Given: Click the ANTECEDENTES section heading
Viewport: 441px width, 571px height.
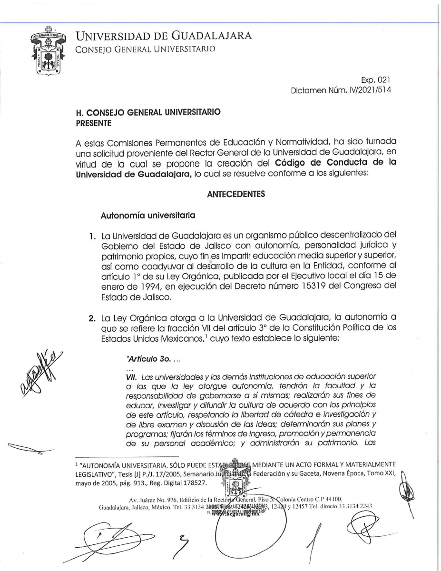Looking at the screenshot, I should point(236,194).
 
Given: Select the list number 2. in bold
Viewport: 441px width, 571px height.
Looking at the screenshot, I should point(92,318).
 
